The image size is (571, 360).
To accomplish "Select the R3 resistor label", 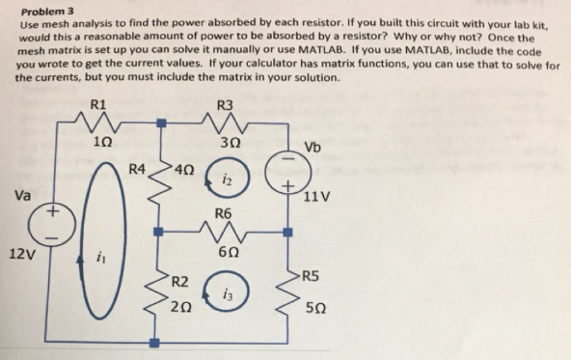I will pos(225,105).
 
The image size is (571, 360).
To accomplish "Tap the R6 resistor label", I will pos(224,212).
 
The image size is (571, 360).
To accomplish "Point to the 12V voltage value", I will pos(20,255).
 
